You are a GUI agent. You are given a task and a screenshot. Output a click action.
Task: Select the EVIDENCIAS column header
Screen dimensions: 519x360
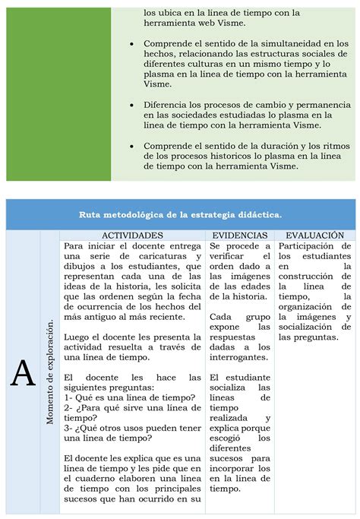239,236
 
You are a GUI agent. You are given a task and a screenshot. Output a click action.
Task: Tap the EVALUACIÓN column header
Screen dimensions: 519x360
315,236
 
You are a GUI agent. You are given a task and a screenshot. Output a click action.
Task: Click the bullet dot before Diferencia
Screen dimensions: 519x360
134,103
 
